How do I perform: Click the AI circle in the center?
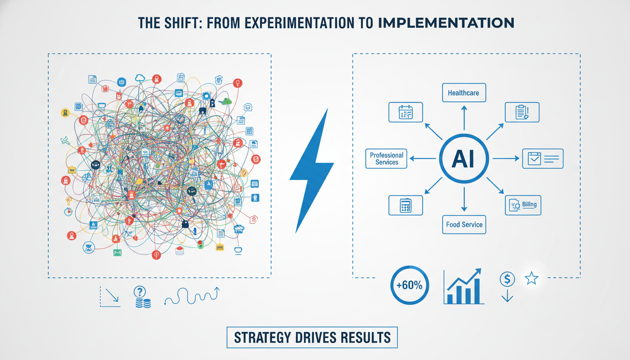463,159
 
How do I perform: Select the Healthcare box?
463,93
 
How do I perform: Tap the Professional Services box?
387,158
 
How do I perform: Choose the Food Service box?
464,225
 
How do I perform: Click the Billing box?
523,205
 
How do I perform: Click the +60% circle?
409,285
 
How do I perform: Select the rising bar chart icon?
463,286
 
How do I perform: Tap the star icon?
532,279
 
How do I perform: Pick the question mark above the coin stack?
140,292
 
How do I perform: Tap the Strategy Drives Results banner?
312,337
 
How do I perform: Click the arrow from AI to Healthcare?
464,117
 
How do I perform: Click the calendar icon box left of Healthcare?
406,112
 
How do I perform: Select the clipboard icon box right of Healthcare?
522,112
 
